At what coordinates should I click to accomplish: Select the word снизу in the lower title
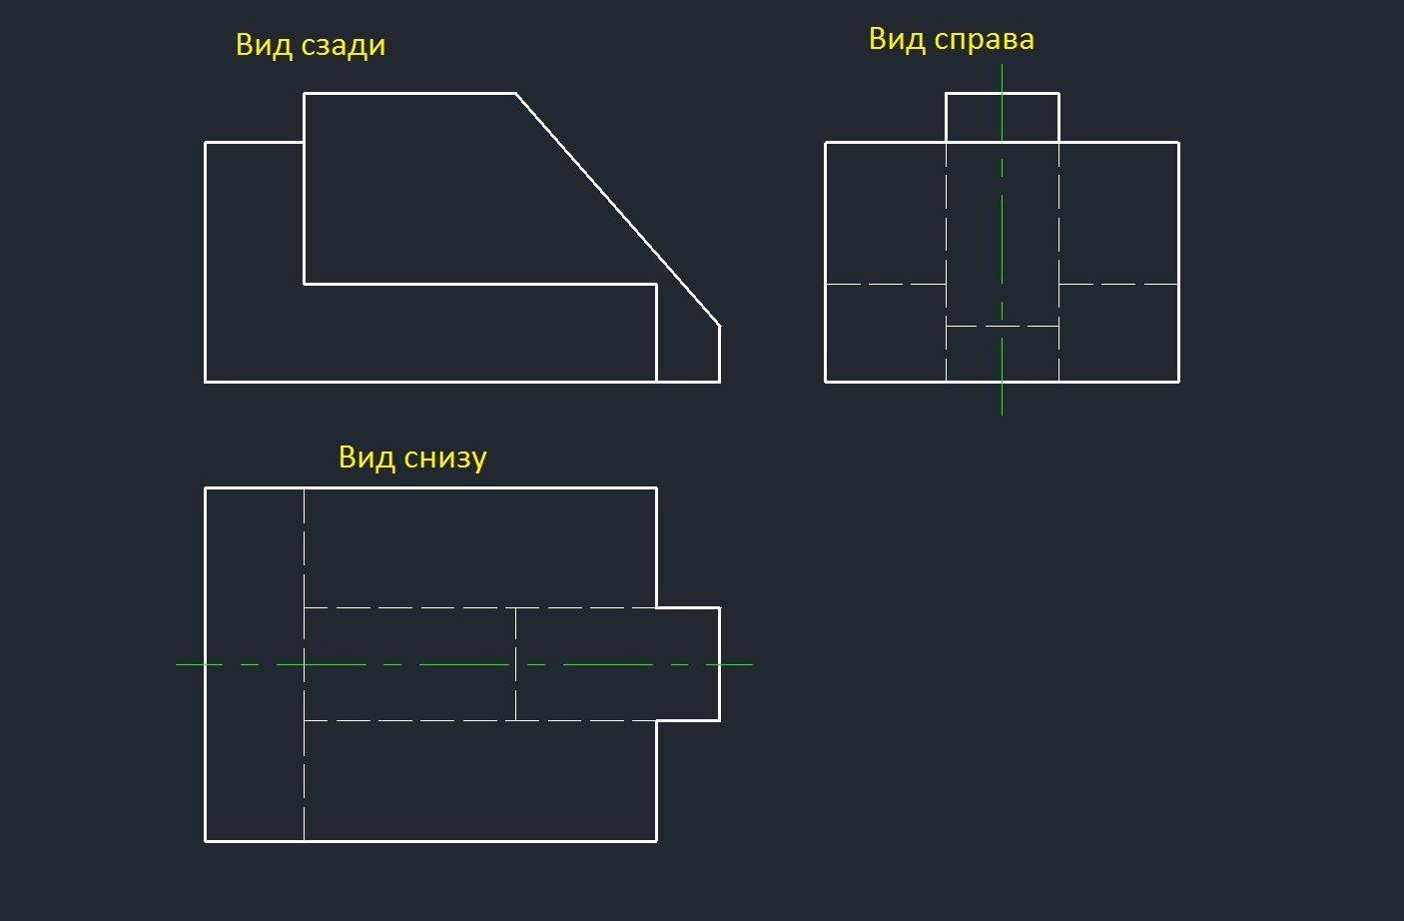click(445, 458)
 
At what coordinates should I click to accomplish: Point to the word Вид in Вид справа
click(896, 40)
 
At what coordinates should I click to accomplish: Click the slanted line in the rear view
click(617, 209)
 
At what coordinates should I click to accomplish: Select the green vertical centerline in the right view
click(1002, 230)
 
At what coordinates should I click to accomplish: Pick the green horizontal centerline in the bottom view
click(459, 664)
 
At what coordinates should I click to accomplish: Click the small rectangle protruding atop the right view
click(1002, 117)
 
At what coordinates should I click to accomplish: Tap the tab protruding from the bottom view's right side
click(688, 663)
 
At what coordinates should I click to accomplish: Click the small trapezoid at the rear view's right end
click(688, 345)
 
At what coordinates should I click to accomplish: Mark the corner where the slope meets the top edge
click(516, 94)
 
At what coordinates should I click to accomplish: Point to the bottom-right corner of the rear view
click(719, 382)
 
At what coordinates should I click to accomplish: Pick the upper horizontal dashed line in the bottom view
click(479, 607)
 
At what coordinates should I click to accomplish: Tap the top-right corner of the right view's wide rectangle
click(1178, 143)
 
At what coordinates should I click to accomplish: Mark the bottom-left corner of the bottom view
click(206, 841)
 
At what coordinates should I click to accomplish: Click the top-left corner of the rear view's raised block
click(305, 94)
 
